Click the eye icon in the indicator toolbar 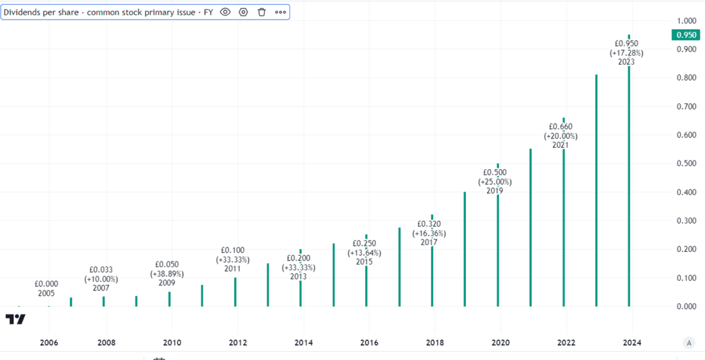225,12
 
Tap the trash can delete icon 262,12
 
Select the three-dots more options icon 280,12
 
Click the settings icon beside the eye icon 243,12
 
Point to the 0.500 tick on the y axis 686,164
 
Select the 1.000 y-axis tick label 686,21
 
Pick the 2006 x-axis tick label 48,342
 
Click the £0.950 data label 626,43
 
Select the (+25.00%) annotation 495,181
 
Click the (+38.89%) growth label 167,274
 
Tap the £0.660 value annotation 560,126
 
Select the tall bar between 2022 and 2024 596,194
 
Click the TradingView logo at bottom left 16,319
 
